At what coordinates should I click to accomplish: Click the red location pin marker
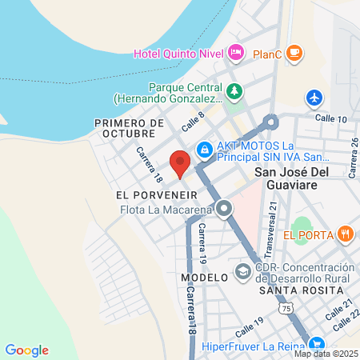coord(180,162)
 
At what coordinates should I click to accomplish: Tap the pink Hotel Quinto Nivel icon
coord(236,54)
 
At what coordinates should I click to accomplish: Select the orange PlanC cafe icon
coord(295,54)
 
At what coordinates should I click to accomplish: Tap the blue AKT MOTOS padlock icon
coord(205,149)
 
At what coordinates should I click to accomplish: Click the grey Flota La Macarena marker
coord(225,210)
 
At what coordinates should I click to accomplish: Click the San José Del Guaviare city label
coord(298,178)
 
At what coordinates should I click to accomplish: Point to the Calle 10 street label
coord(330,118)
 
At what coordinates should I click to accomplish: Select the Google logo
coord(26,350)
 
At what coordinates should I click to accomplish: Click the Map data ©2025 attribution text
coord(325,354)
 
